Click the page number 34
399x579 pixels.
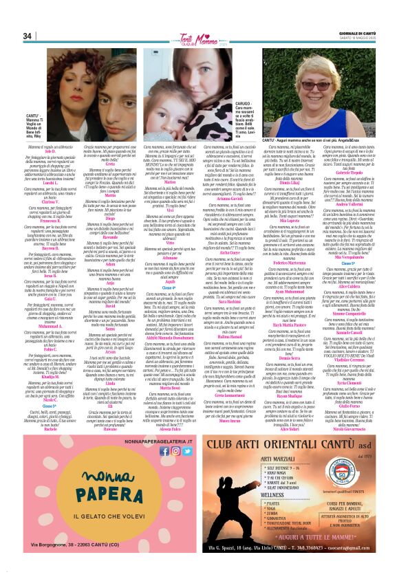coord(27,36)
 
